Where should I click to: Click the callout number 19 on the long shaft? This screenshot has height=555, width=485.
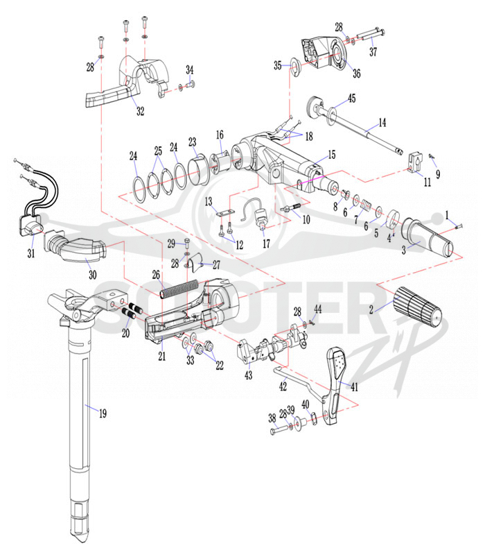[x=103, y=413]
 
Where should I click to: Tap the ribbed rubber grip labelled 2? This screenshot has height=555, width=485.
[x=418, y=308]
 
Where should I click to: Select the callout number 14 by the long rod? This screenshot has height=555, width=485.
[x=382, y=123]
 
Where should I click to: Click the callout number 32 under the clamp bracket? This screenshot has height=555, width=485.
[x=141, y=111]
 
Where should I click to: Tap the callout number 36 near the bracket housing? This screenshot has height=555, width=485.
[x=357, y=74]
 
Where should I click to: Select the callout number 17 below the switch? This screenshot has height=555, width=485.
[x=266, y=244]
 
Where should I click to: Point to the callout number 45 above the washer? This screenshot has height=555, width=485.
[x=352, y=98]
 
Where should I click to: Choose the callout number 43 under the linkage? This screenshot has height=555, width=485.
[x=249, y=375]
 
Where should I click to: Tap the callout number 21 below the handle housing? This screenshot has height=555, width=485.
[x=162, y=356]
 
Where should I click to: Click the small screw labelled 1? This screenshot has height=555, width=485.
[x=459, y=227]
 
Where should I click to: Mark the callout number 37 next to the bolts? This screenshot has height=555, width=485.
[x=373, y=51]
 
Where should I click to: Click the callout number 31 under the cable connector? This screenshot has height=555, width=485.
[x=31, y=253]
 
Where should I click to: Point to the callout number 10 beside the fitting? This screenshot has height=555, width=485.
[x=306, y=219]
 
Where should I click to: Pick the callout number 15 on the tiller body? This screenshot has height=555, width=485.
[x=332, y=155]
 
